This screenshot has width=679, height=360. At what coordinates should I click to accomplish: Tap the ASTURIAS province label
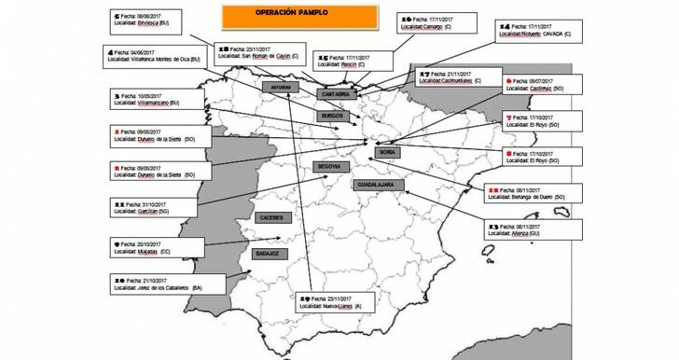(x=282, y=87)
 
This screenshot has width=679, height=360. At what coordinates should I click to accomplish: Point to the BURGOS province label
(x=333, y=116)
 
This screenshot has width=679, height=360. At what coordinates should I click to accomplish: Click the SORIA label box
(x=388, y=151)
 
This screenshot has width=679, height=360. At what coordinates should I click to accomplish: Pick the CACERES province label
(x=272, y=217)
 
